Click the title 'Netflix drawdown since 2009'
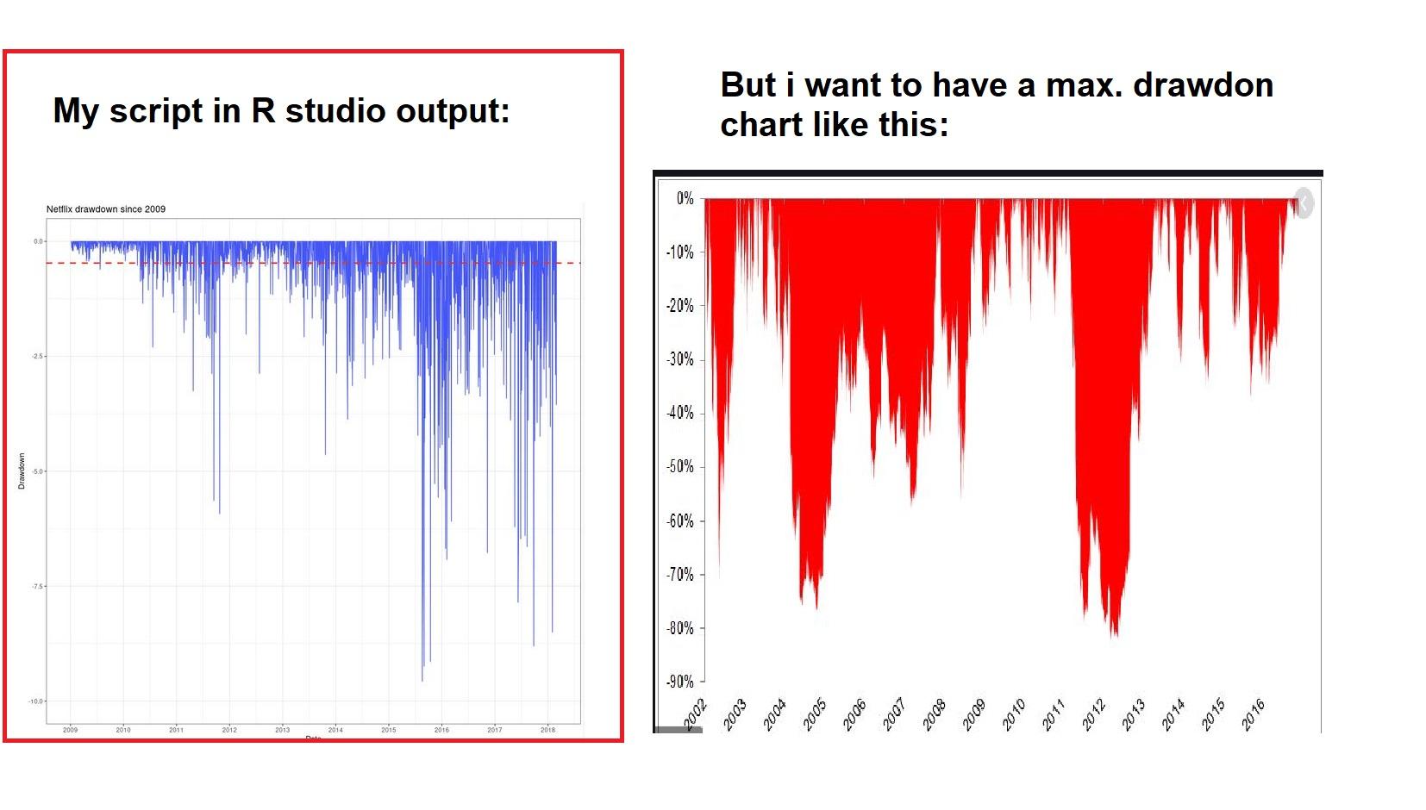(105, 209)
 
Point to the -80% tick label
(680, 628)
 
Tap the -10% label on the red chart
(680, 252)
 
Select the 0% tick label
(685, 199)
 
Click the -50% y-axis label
(680, 467)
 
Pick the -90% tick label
(680, 682)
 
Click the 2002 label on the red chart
(696, 714)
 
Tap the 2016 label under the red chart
(1254, 714)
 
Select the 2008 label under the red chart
(935, 714)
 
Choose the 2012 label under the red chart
(1094, 714)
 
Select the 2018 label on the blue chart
(547, 730)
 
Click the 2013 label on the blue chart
(282, 730)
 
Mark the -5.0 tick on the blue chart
(37, 471)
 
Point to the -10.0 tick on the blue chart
(36, 701)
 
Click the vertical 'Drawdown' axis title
(22, 471)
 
